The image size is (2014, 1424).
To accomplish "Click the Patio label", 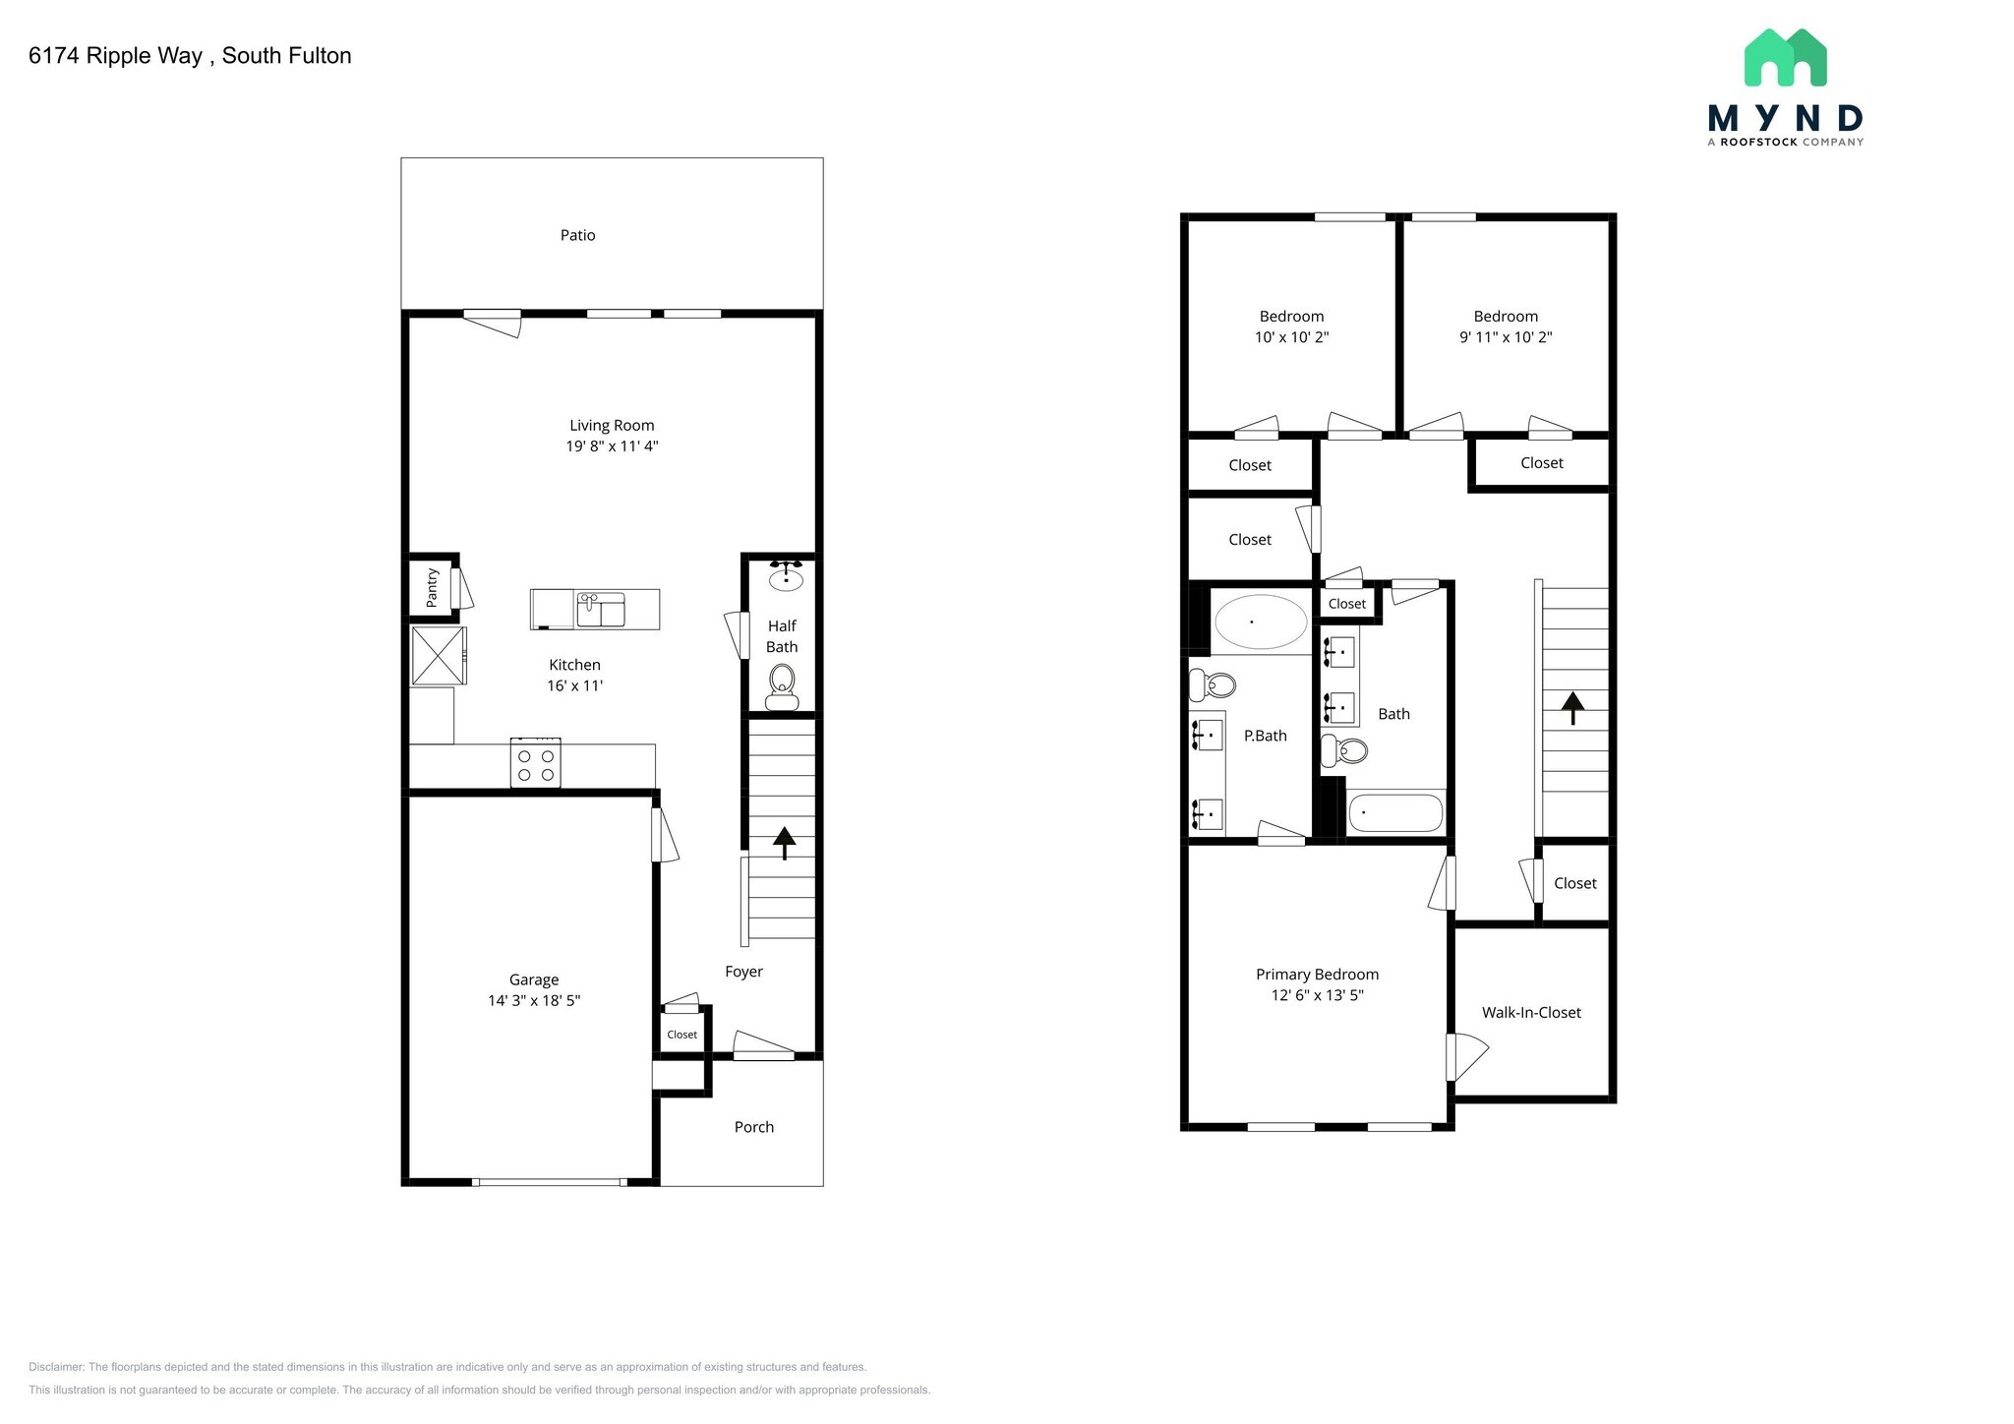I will coord(577,235).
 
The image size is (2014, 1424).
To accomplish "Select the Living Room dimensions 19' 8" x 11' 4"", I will coord(612,446).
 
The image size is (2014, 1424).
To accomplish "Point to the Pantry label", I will coord(432,588).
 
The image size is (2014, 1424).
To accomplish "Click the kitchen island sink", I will coord(600,610).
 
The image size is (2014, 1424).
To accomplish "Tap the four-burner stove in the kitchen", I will coord(536,763).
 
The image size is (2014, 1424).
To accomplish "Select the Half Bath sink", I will coord(786,577).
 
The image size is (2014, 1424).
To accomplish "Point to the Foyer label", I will coord(743,972).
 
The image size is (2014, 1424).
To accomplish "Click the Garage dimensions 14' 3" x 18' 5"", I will coord(534,1001).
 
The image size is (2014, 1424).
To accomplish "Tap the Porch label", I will coord(754,1127).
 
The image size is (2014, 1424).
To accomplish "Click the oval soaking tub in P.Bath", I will coord(1261,622).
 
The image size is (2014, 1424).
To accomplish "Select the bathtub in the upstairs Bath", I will coord(1394,813).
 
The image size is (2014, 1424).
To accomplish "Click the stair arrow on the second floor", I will coord(1572,706).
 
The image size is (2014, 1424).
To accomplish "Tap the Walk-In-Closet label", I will coord(1531,1013).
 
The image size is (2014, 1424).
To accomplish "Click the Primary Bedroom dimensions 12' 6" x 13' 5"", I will coord(1317,995).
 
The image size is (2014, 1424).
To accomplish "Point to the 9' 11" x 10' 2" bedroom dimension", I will coord(1506,337).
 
